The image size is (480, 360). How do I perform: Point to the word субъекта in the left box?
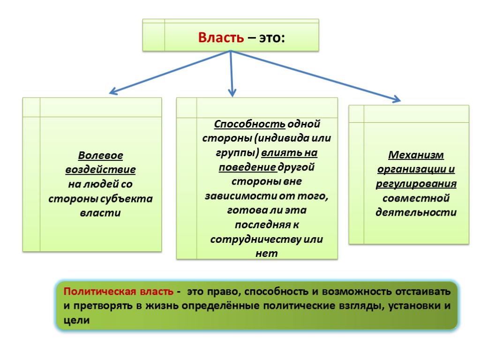[x=129, y=198]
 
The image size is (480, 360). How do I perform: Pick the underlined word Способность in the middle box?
[x=237, y=125]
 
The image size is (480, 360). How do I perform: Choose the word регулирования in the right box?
[x=416, y=184]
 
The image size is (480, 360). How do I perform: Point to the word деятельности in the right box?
[x=416, y=212]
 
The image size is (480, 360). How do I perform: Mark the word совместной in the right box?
[x=416, y=198]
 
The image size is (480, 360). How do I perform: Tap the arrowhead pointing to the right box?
[x=397, y=99]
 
